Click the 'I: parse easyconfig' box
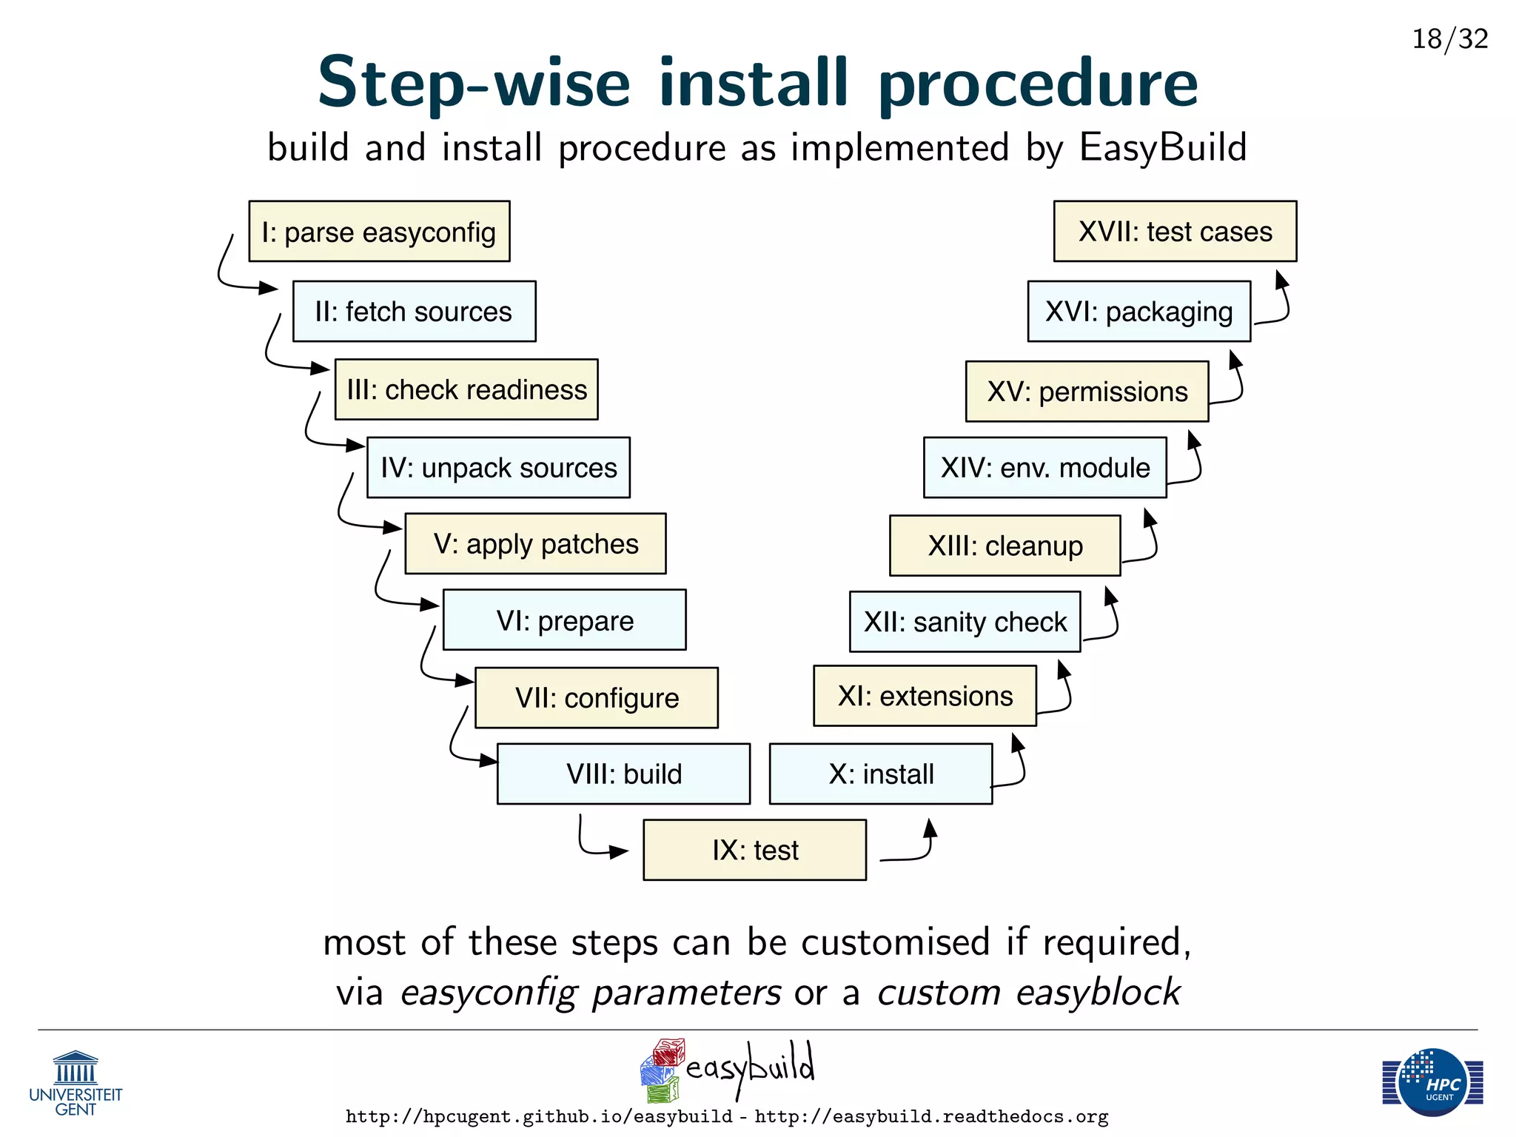pos(379,231)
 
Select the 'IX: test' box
pos(754,850)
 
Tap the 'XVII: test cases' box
pos(1175,231)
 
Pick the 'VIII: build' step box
pos(623,774)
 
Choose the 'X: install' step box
pos(880,774)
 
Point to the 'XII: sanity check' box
pos(965,622)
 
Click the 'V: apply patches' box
pos(535,544)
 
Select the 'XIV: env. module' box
pos(1044,468)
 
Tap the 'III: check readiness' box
pos(466,389)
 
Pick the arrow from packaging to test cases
pos(1279,303)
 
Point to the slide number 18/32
pos(1449,38)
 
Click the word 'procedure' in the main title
pos(1037,83)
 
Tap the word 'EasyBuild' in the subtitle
pos(1163,147)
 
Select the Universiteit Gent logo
pos(76,1084)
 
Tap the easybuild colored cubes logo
pos(660,1070)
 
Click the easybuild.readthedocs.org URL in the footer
pos(931,1116)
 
